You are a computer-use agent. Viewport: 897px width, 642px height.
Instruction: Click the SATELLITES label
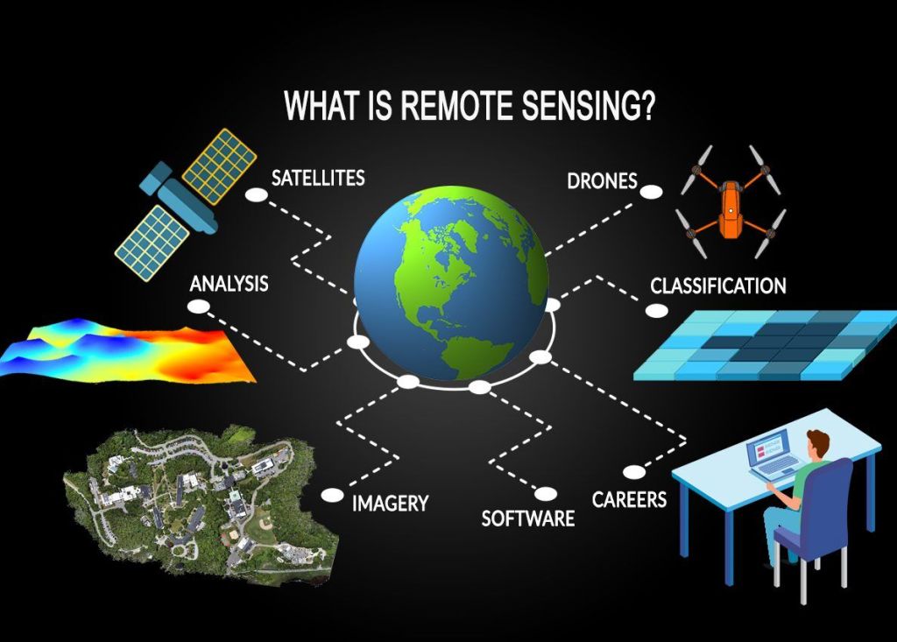coord(318,178)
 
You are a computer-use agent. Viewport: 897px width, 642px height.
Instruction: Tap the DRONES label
coord(602,180)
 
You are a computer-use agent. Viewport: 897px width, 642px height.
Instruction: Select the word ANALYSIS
coord(229,284)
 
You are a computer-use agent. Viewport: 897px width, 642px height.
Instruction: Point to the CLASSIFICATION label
coord(718,286)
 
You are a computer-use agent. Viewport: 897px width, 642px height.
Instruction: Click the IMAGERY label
coord(390,504)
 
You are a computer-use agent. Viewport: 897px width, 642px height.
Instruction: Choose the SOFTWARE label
coord(528,519)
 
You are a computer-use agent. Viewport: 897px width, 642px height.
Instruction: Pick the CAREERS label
coord(629,499)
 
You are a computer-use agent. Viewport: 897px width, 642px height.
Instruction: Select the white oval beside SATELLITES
coord(257,195)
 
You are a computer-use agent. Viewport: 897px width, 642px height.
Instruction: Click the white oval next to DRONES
coord(651,192)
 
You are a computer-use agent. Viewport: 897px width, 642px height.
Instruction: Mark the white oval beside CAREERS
coord(634,472)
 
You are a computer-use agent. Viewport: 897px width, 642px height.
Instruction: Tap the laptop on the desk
coord(773,454)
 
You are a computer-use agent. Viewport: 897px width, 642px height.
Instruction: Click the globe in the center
coord(451,282)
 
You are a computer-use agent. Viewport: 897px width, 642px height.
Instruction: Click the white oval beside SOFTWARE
coord(545,493)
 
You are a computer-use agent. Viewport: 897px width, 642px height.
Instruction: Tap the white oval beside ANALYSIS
coord(199,307)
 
